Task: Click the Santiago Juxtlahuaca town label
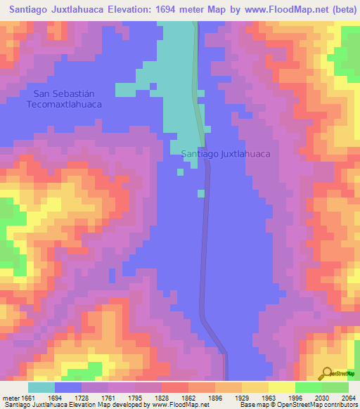tap(226, 153)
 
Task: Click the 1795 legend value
tap(136, 398)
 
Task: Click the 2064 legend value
tap(347, 398)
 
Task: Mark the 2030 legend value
tap(321, 398)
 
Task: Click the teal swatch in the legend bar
tap(41, 387)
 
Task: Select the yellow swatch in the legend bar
tap(281, 387)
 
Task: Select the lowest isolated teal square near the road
tap(201, 193)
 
